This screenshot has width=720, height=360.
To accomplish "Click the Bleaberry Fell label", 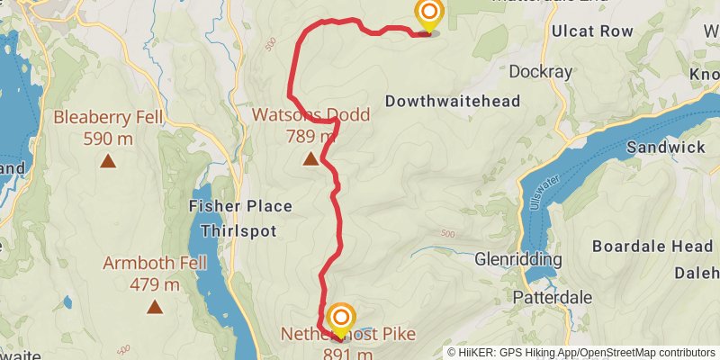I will point(107,117).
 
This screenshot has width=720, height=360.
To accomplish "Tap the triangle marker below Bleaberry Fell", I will point(108,162).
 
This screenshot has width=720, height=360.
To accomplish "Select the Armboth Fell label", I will point(155,264).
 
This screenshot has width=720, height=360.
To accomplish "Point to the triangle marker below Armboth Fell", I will point(155,308).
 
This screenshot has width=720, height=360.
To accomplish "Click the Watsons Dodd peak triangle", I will point(310,159).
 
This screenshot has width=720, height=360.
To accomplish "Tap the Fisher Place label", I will point(240,206).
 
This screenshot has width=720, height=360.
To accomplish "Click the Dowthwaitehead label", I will point(453,102).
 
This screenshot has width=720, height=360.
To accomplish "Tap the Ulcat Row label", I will point(593,31).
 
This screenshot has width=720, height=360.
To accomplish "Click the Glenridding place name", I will point(517,260).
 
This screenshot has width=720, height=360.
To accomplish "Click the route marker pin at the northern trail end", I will point(429,13).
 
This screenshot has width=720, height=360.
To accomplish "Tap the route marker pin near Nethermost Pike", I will point(341,317).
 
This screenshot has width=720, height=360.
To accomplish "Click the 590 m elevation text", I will point(107,139).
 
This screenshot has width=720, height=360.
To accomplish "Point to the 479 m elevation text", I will point(155,285).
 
